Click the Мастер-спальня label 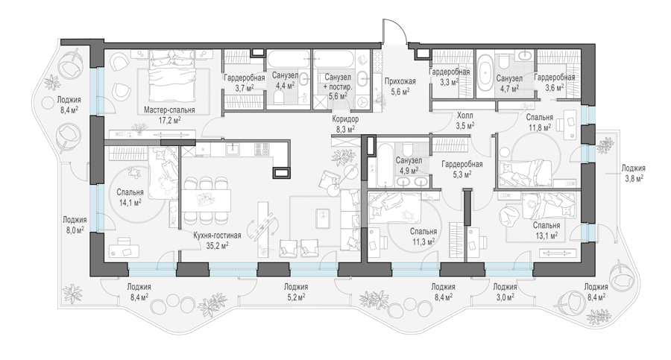pyautogui.click(x=169, y=110)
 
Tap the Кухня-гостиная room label pyautogui.click(x=217, y=236)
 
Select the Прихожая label pyautogui.click(x=400, y=81)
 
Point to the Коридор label pyautogui.click(x=345, y=119)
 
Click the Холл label pyautogui.click(x=464, y=115)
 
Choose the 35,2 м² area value pyautogui.click(x=217, y=245)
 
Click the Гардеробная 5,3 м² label pyautogui.click(x=462, y=169)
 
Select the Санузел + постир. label pyautogui.click(x=338, y=82)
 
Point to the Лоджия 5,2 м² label pyautogui.click(x=296, y=291)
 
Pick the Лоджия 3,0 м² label pyautogui.click(x=505, y=291)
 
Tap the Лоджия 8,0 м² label pyautogui.click(x=75, y=224)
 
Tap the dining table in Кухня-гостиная pyautogui.click(x=207, y=200)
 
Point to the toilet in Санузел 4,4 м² pyautogui.click(x=280, y=98)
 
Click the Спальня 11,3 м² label pyautogui.click(x=423, y=236)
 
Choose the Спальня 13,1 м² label pyautogui.click(x=546, y=230)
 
